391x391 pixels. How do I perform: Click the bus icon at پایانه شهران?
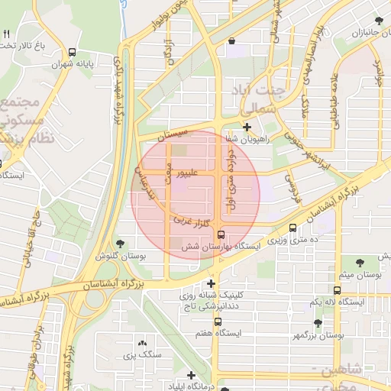tap(72, 53)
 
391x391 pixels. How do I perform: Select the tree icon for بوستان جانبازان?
tap(379, 21)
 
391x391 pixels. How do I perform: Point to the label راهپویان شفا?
tap(247, 139)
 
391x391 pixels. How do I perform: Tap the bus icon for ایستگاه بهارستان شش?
tap(221, 234)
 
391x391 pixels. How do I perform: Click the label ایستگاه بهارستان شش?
tap(221, 247)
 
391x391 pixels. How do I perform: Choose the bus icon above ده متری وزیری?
tap(293, 228)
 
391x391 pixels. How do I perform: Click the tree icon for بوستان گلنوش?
tap(121, 244)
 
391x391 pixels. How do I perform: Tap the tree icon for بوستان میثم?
tap(360, 260)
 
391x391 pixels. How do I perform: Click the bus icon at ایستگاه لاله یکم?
tap(338, 290)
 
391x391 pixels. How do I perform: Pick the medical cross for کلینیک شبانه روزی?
tap(212, 283)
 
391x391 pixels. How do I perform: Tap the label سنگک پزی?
tap(141, 355)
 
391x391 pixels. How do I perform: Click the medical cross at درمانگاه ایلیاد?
tap(190, 375)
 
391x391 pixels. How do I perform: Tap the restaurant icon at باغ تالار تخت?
tap(6, 34)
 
